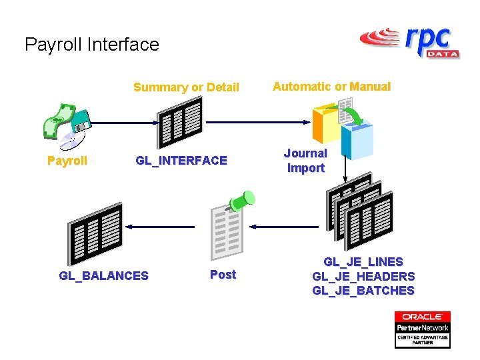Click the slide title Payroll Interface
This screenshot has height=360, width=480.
tap(92, 45)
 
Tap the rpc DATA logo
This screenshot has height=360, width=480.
tap(409, 42)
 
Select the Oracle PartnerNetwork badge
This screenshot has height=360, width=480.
tap(422, 329)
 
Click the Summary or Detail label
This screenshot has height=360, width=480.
tap(186, 87)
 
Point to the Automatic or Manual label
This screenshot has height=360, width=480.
tap(331, 87)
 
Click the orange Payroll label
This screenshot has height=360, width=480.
tap(67, 161)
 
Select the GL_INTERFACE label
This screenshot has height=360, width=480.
tap(181, 161)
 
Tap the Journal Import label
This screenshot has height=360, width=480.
tap(306, 161)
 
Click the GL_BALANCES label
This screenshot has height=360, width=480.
tap(103, 276)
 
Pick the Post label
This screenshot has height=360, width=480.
tap(223, 275)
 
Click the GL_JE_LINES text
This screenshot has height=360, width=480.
tap(363, 262)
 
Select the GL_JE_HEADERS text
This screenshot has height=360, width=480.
tap(363, 276)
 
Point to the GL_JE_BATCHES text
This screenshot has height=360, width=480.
tap(363, 291)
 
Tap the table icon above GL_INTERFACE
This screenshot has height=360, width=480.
tap(179, 122)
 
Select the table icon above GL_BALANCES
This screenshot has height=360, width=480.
tap(95, 233)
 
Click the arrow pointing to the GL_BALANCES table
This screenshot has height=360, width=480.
tap(160, 227)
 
